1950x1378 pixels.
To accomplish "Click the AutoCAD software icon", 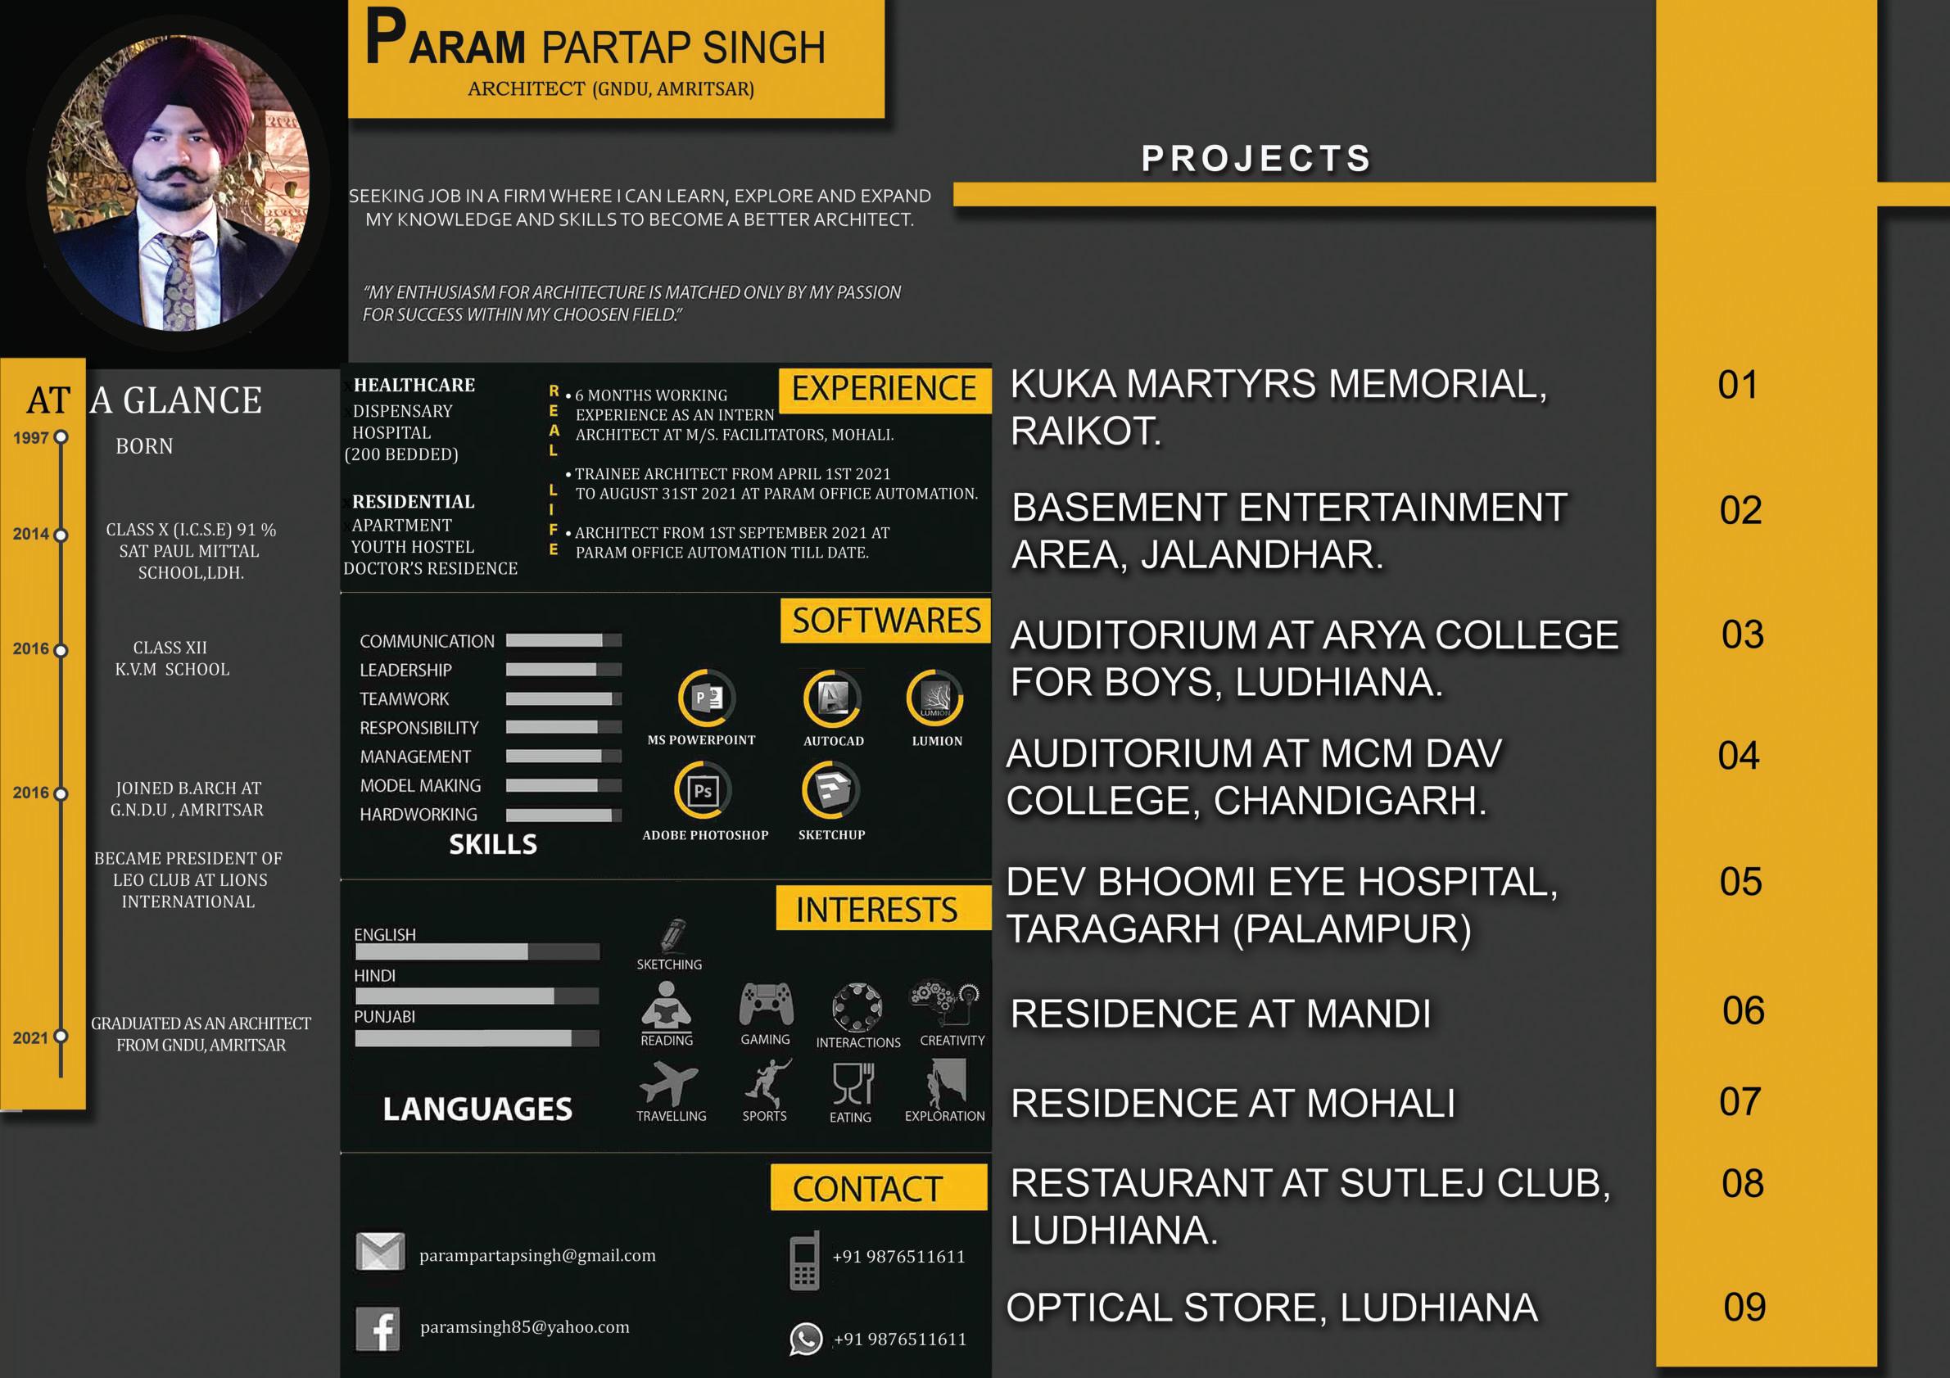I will pyautogui.click(x=831, y=698).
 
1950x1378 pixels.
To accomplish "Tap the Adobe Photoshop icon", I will pyautogui.click(x=703, y=791).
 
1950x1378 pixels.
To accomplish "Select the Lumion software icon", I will pyautogui.click(x=935, y=698).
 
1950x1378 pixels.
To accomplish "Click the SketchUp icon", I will pyautogui.click(x=830, y=789).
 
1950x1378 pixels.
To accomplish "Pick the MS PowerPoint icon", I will pyautogui.click(x=707, y=698).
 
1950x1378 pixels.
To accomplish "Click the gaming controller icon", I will pyautogui.click(x=766, y=1005).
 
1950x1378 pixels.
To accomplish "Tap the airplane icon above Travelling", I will pyautogui.click(x=668, y=1084).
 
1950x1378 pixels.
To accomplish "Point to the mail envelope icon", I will pyautogui.click(x=380, y=1251).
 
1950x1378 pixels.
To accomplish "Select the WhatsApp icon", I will pyautogui.click(x=805, y=1339).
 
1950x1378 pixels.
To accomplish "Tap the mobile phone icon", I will pyautogui.click(x=804, y=1260).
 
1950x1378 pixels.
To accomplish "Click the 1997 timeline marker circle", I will pyautogui.click(x=61, y=437).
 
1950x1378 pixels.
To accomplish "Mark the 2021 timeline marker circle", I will pyautogui.click(x=61, y=1037).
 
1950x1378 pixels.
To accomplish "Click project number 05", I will pyautogui.click(x=1740, y=881).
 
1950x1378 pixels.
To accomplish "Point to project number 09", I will pyautogui.click(x=1744, y=1307).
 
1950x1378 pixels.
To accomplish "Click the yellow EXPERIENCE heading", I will pyautogui.click(x=884, y=389).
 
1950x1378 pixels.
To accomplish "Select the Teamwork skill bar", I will pyautogui.click(x=563, y=698).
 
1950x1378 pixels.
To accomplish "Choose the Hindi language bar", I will pyautogui.click(x=477, y=996).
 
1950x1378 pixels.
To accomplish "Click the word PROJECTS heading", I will pyautogui.click(x=1256, y=159).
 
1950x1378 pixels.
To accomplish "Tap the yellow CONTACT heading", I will pyautogui.click(x=868, y=1189).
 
